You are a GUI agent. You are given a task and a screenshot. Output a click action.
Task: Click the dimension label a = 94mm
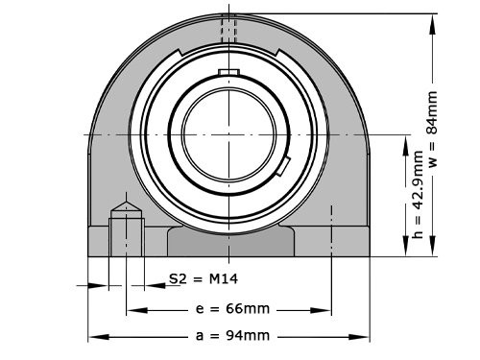[x=230, y=336]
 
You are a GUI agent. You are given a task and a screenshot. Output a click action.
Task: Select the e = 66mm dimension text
[x=230, y=310]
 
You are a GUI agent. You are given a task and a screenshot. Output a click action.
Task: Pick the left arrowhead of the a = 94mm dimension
[x=94, y=336]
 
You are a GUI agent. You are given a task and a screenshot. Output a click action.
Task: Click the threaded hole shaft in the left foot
[x=126, y=236]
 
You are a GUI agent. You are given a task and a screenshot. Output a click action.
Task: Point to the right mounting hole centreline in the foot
[x=330, y=230]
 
